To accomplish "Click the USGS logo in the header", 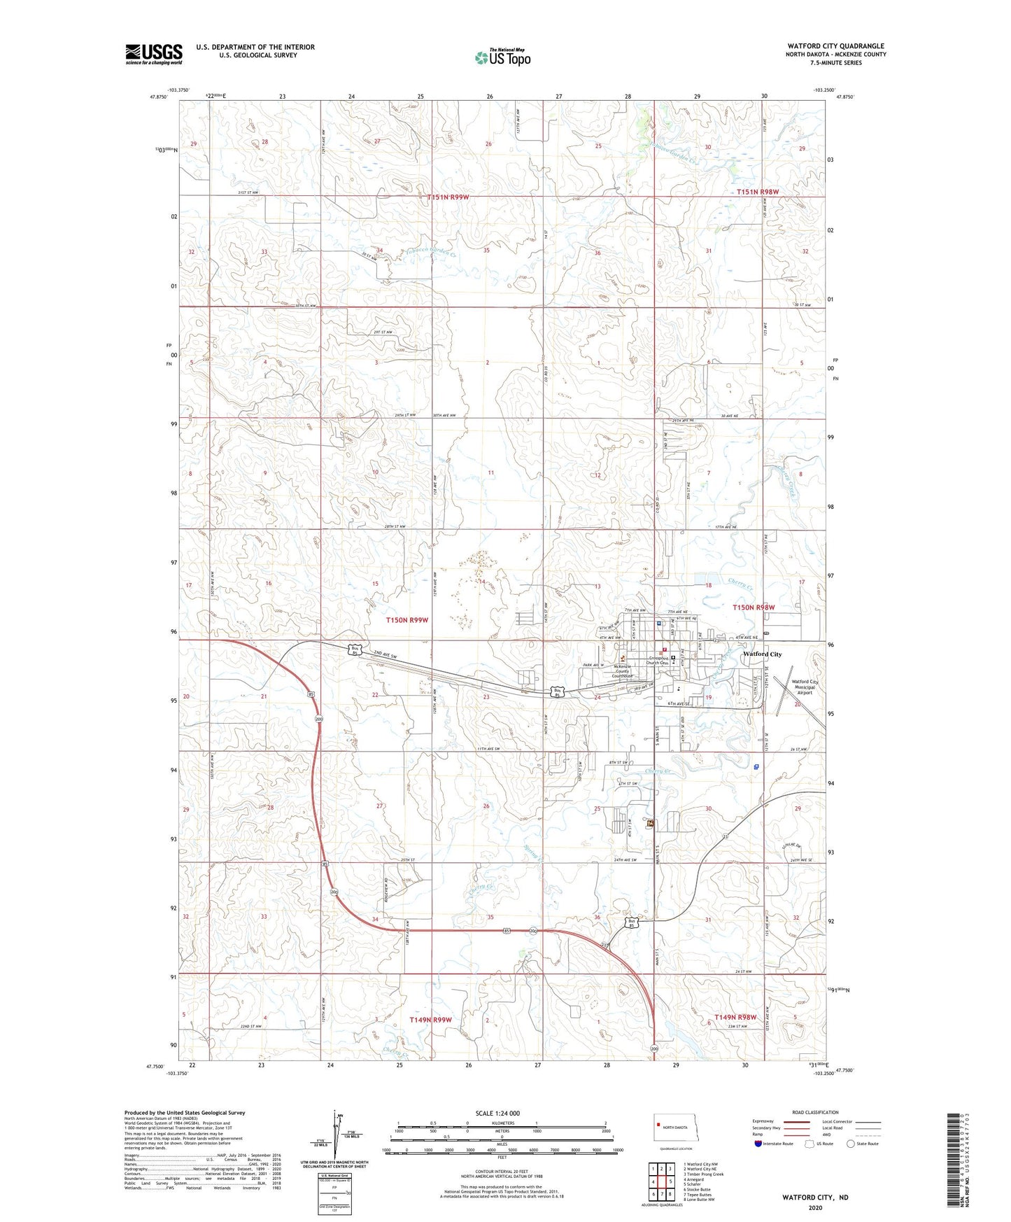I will tap(153, 54).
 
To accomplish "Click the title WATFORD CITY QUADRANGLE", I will tap(835, 46).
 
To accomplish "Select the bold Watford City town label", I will tap(762, 654).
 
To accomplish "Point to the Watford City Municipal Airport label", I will tap(804, 687).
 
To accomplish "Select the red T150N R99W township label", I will tap(407, 620).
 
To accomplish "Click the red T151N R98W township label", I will tap(757, 192).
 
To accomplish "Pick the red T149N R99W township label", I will tap(430, 1020).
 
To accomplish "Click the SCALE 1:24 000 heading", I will tap(497, 1113).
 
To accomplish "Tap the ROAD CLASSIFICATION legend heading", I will tap(815, 1112).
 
